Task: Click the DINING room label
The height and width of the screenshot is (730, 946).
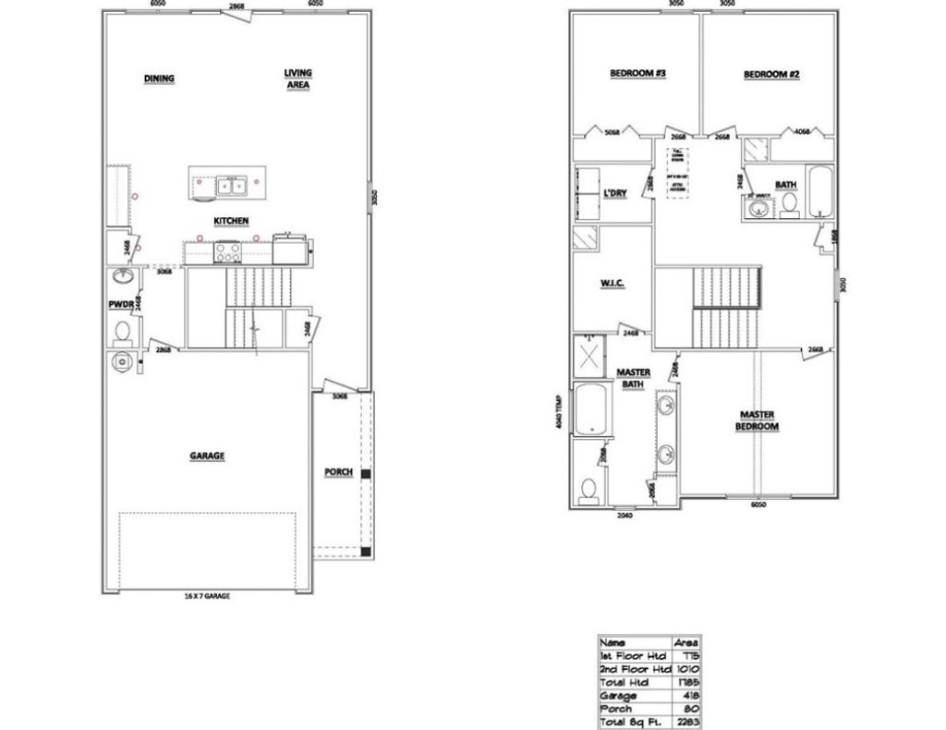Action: tap(159, 79)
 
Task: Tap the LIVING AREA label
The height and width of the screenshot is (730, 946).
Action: tap(297, 79)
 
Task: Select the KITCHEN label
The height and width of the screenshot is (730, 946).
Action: tap(231, 221)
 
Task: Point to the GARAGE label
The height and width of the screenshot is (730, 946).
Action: tap(208, 456)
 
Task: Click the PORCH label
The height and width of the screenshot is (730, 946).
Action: tap(338, 472)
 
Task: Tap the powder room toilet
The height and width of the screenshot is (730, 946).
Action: tap(121, 331)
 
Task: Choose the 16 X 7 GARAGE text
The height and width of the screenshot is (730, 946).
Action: tap(206, 597)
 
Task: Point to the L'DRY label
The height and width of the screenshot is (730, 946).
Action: tap(616, 192)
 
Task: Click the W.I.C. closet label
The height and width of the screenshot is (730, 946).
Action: tap(613, 283)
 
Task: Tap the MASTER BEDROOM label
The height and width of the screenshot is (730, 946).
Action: tap(758, 420)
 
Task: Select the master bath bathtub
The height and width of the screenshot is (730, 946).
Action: tap(590, 408)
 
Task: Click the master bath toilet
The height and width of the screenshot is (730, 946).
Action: tap(587, 489)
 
